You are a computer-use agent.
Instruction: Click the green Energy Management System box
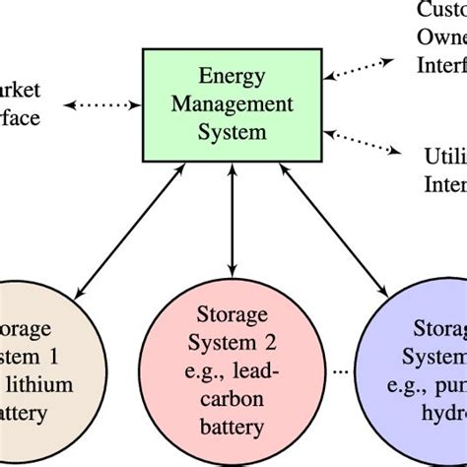(233, 103)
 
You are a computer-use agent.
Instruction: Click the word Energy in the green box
(233, 75)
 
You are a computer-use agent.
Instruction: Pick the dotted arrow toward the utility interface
(370, 140)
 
